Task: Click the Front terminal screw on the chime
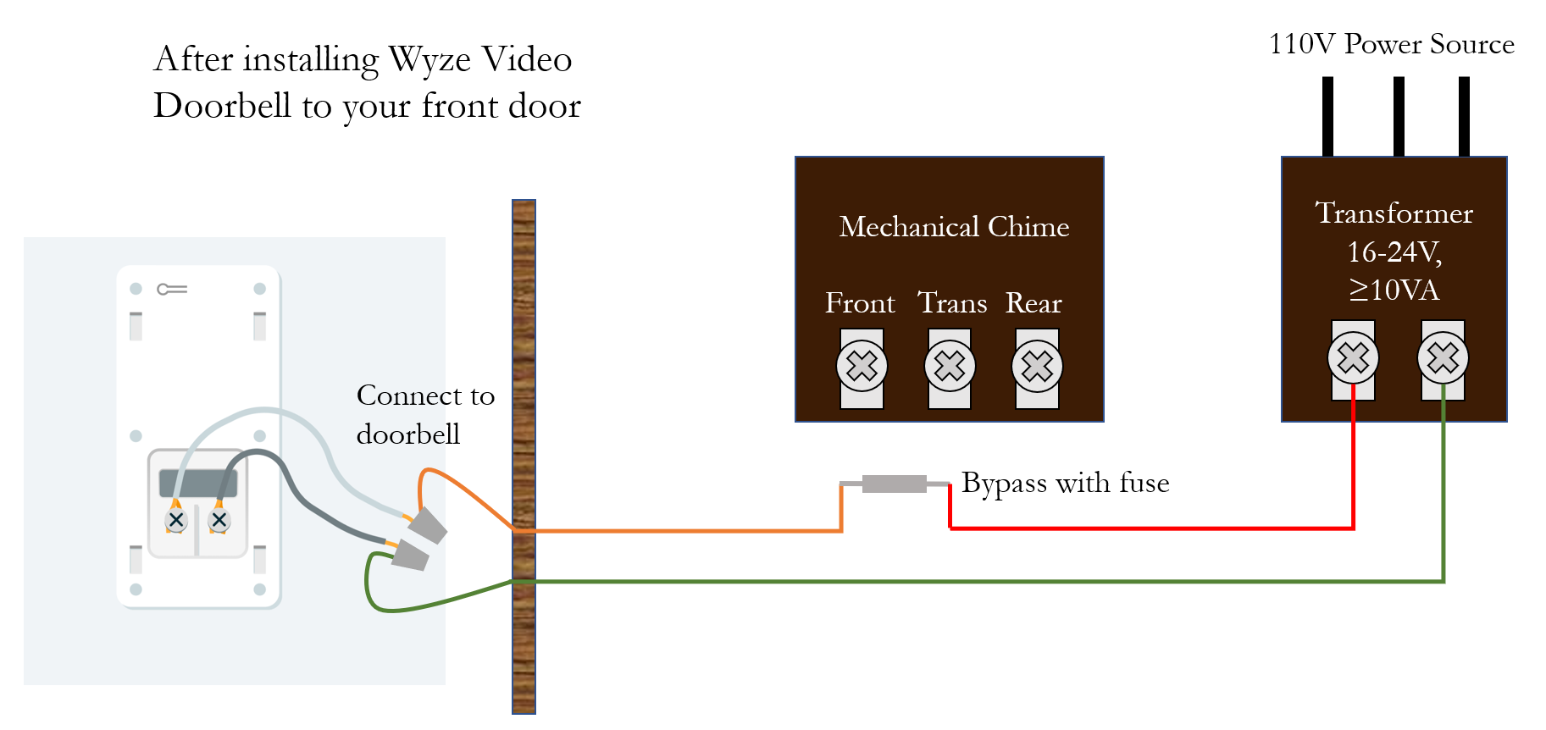click(862, 366)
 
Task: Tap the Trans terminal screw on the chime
click(950, 366)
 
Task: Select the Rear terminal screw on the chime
click(1037, 366)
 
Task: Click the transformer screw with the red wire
click(1353, 357)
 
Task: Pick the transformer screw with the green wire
click(1443, 357)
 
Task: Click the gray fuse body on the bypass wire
click(894, 484)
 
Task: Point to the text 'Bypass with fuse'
click(1065, 483)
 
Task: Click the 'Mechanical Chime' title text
click(954, 227)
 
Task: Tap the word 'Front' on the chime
click(860, 303)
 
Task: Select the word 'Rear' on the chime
click(1033, 303)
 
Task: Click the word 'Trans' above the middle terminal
click(952, 303)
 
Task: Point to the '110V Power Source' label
click(1391, 44)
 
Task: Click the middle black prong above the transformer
click(1399, 116)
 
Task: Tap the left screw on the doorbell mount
click(176, 520)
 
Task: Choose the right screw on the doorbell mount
click(219, 520)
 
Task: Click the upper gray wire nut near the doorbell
click(428, 525)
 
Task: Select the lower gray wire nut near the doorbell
click(409, 556)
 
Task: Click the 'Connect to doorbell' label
click(425, 414)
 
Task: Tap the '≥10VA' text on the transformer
click(1394, 290)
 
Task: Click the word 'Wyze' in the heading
click(429, 60)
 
